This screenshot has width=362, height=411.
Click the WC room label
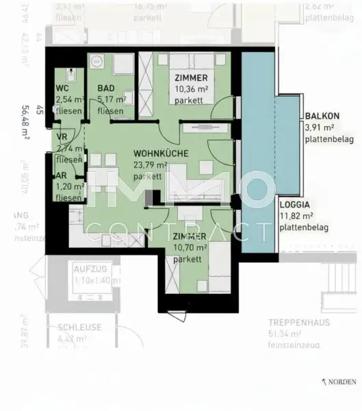click(x=61, y=88)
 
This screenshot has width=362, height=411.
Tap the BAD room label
click(x=107, y=88)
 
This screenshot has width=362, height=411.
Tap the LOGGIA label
click(x=294, y=204)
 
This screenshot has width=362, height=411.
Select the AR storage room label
click(x=62, y=175)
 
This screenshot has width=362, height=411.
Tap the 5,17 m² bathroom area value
click(x=112, y=99)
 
